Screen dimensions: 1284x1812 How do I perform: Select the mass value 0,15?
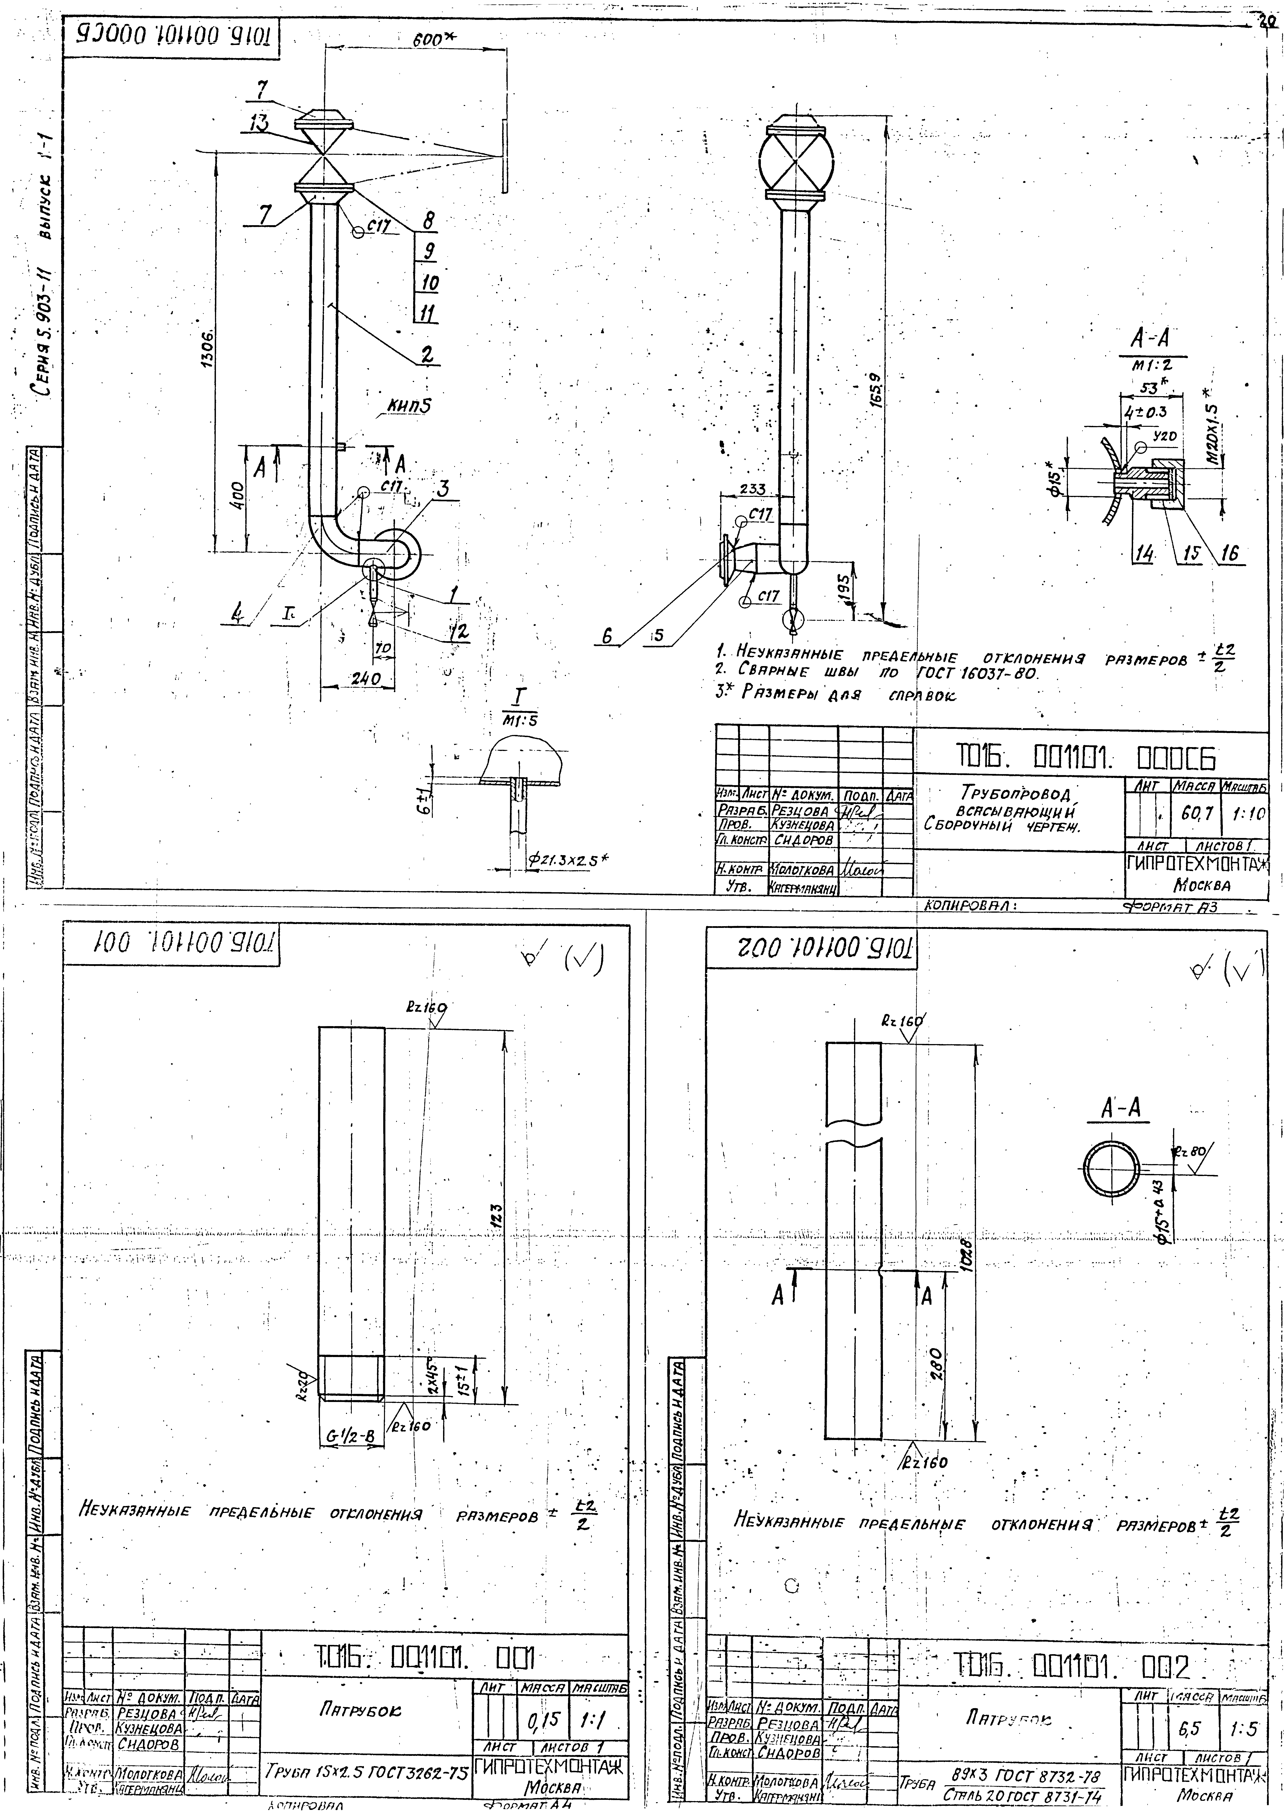point(538,1720)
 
